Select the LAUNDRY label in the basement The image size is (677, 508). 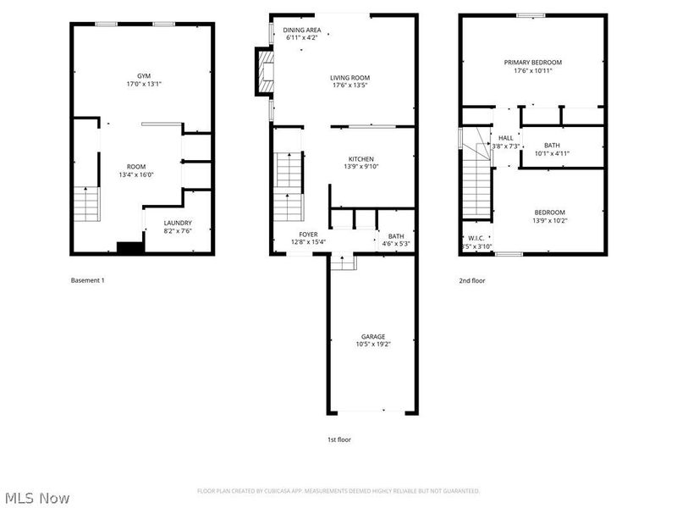coord(179,223)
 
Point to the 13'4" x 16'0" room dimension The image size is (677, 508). coord(136,174)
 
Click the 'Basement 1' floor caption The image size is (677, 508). coord(88,280)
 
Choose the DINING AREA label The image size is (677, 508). coord(302,30)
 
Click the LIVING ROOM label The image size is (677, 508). coord(350,78)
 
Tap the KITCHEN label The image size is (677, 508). coord(361,159)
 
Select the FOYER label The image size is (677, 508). coord(308,235)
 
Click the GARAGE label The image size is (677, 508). coord(373,336)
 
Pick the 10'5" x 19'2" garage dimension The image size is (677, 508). coord(373,344)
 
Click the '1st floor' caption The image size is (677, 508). coord(339,439)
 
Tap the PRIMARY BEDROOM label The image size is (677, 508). coord(533,62)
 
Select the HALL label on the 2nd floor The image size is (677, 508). coord(506,137)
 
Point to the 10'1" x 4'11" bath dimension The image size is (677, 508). coord(553,153)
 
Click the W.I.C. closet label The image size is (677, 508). coord(476,238)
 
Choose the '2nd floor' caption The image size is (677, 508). coord(472,280)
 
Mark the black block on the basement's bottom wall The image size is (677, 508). coord(130,247)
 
